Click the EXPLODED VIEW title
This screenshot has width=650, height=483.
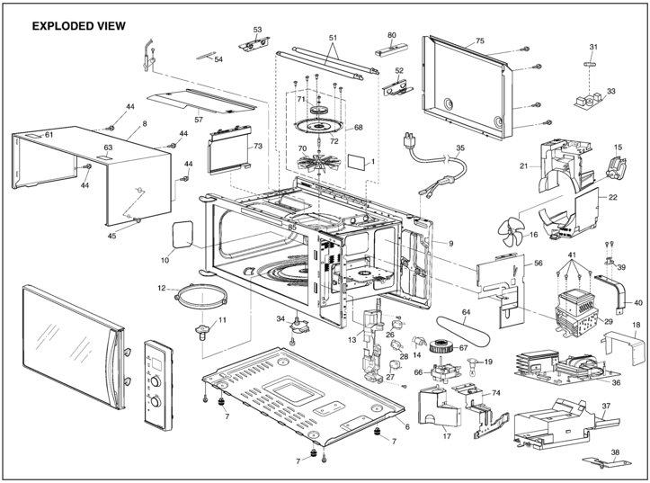(79, 26)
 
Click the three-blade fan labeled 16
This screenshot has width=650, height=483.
(512, 232)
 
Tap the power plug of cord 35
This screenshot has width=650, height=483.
(409, 140)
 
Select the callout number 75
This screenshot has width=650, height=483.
(479, 40)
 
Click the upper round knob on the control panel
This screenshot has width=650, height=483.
(156, 381)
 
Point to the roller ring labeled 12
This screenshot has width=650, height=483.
(201, 297)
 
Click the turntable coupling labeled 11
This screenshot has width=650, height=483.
(202, 332)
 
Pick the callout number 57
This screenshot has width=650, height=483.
(199, 120)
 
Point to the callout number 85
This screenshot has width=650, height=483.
(292, 228)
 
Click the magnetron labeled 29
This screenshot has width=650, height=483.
(576, 311)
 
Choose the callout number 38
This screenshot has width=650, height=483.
(615, 452)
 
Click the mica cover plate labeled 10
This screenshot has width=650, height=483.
(183, 234)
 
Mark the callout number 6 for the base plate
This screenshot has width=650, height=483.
(407, 426)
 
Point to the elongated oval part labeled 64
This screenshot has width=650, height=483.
(463, 332)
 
